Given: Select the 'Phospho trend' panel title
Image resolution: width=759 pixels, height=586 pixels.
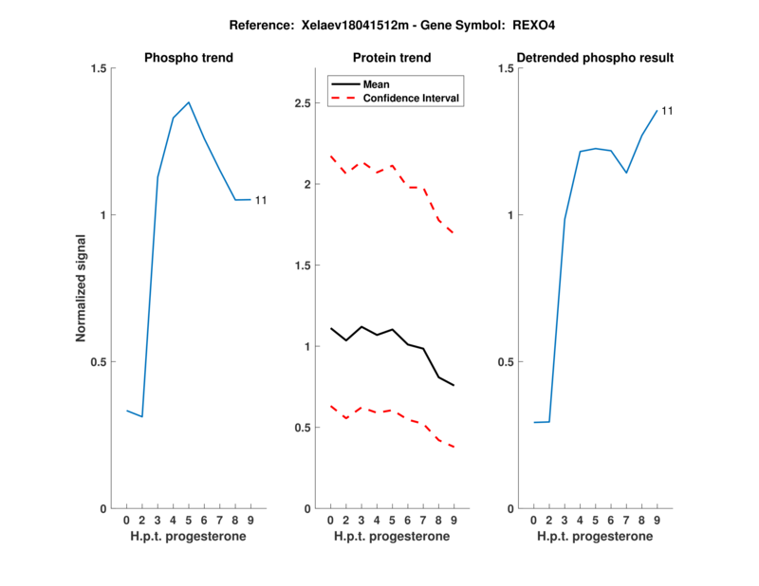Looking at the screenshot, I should click(189, 58).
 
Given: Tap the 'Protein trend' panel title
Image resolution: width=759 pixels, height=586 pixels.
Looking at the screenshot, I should click(392, 58).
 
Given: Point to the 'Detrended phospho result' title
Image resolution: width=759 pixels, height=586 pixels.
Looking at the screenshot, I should click(595, 58).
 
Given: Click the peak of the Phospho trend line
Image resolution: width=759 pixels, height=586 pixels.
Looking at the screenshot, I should click(189, 102).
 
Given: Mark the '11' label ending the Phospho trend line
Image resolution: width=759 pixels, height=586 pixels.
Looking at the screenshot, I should click(261, 200).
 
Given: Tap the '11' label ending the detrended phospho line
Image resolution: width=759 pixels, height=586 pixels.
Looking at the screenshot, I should click(667, 111).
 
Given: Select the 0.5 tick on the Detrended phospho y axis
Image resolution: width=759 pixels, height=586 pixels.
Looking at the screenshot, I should click(505, 361).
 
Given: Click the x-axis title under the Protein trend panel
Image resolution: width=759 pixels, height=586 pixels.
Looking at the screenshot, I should click(392, 537).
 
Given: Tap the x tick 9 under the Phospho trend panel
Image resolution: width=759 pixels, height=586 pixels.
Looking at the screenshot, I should click(250, 521).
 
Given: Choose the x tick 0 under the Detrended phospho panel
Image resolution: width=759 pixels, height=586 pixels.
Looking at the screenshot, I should click(534, 521).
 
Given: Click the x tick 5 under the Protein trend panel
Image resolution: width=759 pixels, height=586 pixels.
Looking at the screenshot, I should click(392, 521).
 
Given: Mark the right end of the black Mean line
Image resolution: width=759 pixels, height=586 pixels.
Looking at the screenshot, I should click(454, 385).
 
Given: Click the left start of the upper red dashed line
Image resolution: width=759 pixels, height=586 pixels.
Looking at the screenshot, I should click(331, 156).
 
